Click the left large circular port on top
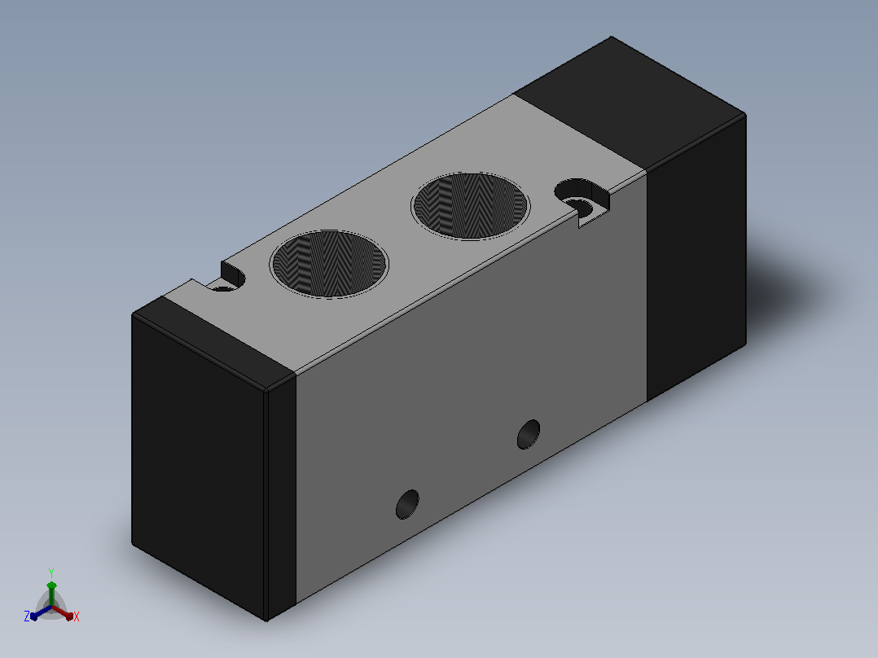tap(329, 264)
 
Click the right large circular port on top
tap(471, 206)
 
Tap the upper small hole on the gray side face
tap(529, 435)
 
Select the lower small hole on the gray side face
tap(407, 504)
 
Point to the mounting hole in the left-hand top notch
tap(222, 287)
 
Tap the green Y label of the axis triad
tap(51, 572)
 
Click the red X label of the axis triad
tap(77, 616)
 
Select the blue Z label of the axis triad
tap(27, 616)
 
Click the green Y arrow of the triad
tap(51, 594)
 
